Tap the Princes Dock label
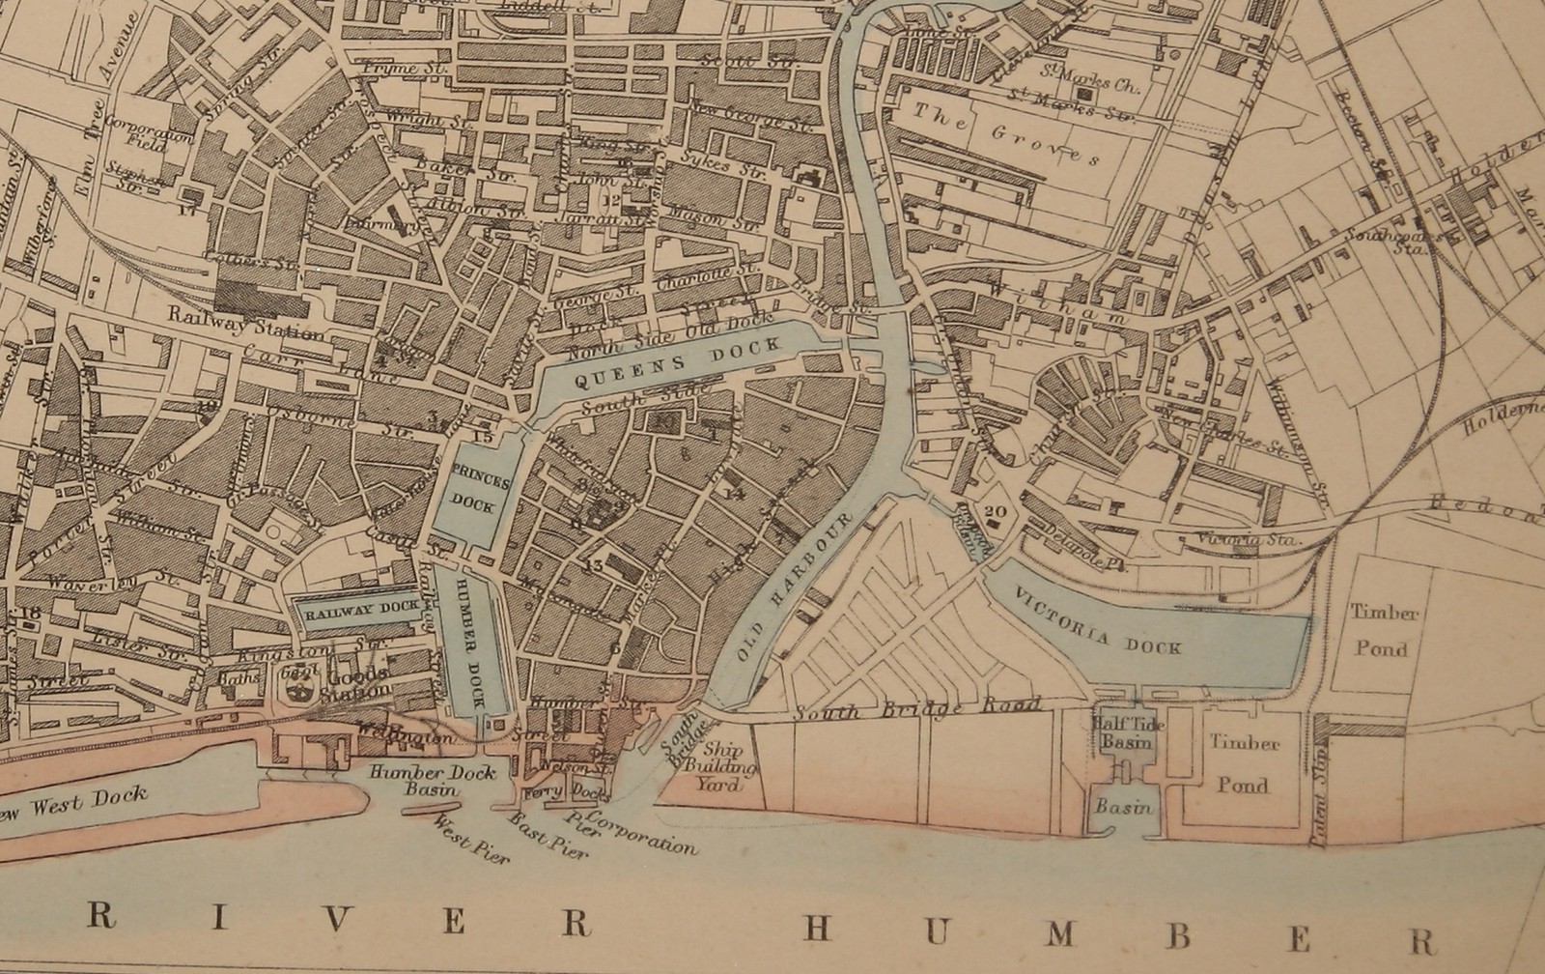(471, 488)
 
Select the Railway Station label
(245, 323)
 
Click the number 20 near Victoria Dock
(997, 513)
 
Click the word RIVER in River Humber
(338, 920)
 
